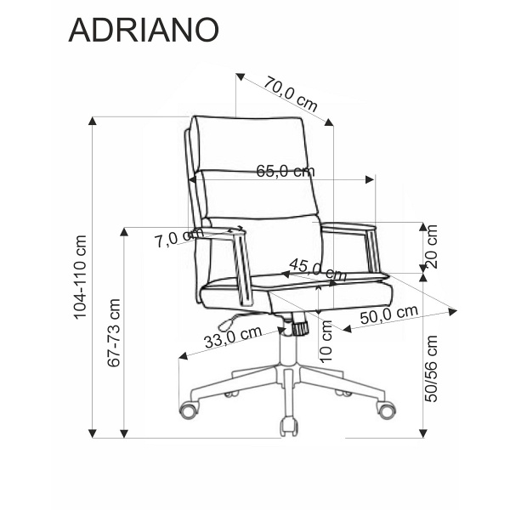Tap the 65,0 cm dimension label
[285, 171]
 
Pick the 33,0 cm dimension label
[232, 337]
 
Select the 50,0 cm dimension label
[388, 314]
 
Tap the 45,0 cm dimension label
[317, 269]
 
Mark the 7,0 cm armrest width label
[174, 239]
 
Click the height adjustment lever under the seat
[226, 322]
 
